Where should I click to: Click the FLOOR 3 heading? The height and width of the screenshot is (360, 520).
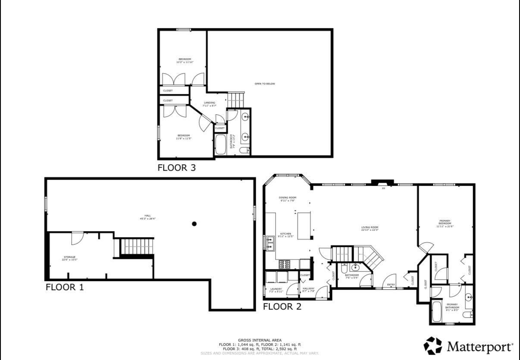[176, 168]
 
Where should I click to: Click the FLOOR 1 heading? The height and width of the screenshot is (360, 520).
[65, 287]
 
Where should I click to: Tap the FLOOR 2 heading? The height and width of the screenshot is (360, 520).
[282, 307]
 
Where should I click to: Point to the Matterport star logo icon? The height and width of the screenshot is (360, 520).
[433, 346]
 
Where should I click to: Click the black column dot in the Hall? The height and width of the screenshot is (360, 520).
[194, 223]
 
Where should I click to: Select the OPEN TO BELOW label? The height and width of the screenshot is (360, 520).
[265, 84]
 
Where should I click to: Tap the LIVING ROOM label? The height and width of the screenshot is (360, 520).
[370, 228]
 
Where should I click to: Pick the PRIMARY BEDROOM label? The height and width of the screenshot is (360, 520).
[445, 222]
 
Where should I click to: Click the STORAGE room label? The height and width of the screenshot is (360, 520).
[69, 258]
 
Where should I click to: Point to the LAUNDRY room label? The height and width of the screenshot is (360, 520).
[276, 290]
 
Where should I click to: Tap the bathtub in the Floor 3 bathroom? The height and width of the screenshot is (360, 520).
[220, 144]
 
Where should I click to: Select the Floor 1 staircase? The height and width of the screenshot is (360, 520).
[136, 247]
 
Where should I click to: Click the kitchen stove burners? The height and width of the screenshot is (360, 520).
[285, 264]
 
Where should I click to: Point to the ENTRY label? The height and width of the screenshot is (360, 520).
[391, 285]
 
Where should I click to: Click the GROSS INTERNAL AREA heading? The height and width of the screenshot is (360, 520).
[260, 340]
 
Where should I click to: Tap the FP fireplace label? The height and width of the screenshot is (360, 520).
[382, 188]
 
